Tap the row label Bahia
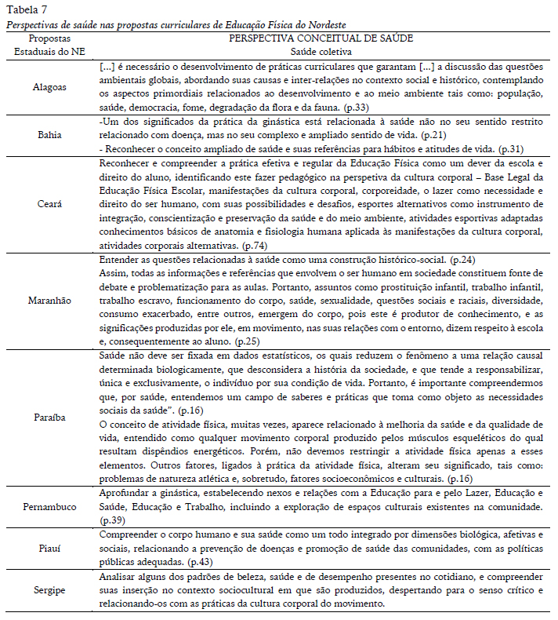point(49,135)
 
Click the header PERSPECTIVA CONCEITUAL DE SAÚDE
point(321,38)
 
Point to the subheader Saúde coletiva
point(321,50)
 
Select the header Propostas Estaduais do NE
point(49,44)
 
